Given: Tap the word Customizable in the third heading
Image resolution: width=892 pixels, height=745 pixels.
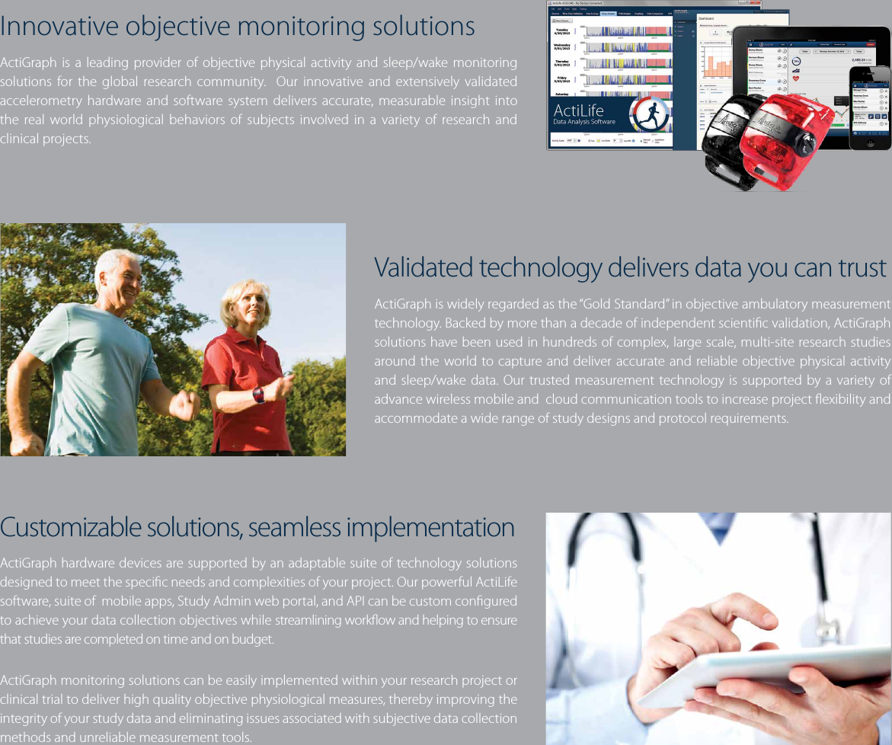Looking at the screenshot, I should [69, 527].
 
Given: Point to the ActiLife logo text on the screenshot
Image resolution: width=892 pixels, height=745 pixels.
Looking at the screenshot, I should [579, 110].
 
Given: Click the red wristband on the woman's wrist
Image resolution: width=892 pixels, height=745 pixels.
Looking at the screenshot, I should [257, 395].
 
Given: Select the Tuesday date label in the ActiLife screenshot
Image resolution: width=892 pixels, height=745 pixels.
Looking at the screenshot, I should [562, 31].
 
